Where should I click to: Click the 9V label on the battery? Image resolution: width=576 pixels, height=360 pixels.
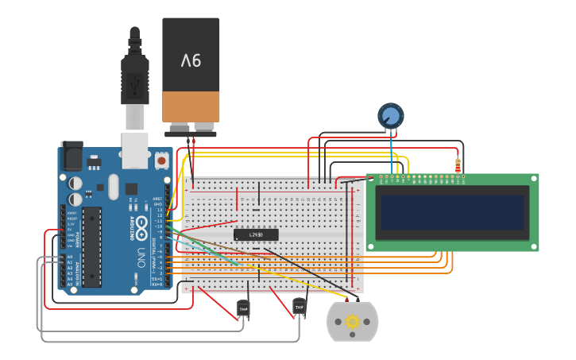point(191,60)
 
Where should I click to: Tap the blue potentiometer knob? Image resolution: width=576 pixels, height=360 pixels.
point(390,116)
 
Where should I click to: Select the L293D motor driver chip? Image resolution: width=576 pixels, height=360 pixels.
point(256,234)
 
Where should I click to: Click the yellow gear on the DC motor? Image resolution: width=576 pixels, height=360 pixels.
point(352,322)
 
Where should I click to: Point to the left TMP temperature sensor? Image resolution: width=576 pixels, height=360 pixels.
point(243,308)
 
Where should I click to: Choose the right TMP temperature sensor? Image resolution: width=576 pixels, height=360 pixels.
point(299,306)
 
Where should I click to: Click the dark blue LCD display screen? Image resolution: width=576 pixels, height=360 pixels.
point(452,212)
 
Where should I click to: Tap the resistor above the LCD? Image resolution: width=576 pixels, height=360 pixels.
point(458,165)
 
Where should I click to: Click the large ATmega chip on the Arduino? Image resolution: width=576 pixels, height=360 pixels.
point(91,246)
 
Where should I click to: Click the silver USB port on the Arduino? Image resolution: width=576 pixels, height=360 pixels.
point(134,150)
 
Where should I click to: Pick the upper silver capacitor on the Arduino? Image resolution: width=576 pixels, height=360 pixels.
point(75,181)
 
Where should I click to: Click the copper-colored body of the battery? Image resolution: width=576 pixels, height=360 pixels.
point(191,105)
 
